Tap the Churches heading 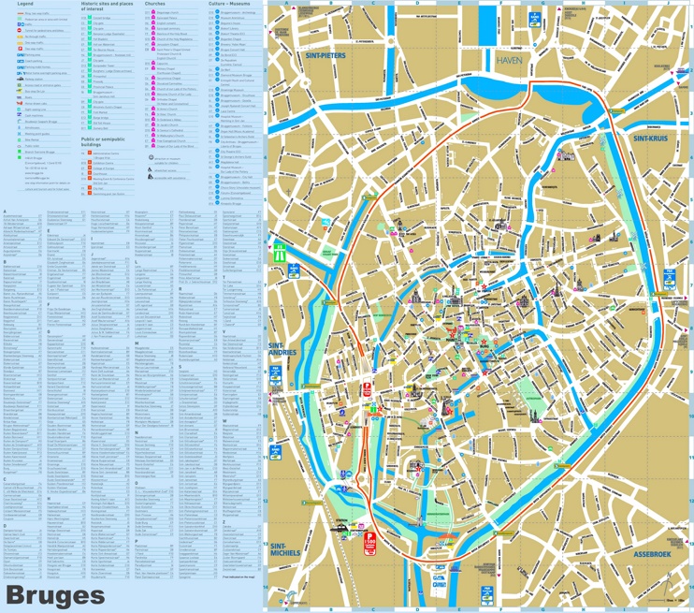point(155,5)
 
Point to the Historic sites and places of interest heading point(107,7)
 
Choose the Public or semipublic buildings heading point(103,142)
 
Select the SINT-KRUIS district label point(652,138)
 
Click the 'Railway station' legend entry point(33,79)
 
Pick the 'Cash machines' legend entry point(34,115)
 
